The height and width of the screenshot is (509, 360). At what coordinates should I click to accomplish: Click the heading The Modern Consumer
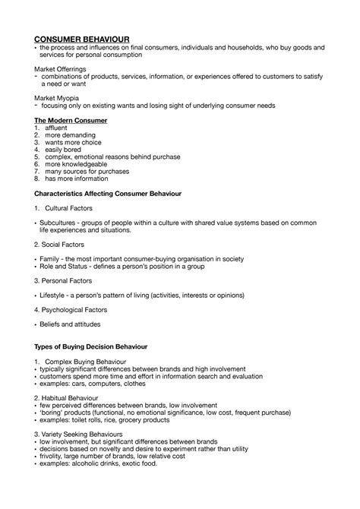click(71, 120)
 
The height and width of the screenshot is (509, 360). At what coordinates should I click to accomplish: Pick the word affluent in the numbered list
click(57, 128)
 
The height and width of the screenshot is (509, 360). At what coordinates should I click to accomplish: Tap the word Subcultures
click(58, 223)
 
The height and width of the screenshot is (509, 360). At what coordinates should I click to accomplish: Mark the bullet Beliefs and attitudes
click(74, 324)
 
